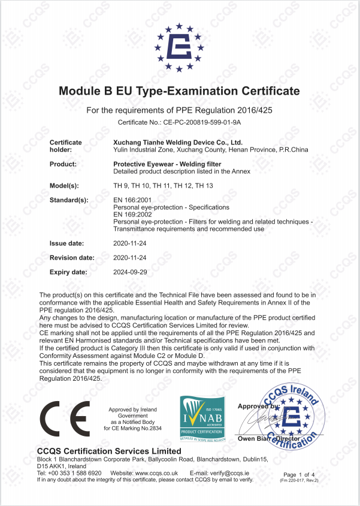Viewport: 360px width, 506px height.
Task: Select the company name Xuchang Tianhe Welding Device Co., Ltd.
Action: pos(177,143)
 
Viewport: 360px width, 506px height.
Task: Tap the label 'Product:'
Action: pos(63,164)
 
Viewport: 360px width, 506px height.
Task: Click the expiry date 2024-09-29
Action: pos(130,272)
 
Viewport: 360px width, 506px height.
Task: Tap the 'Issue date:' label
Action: pos(66,243)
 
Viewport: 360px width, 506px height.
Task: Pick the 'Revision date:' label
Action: pos(71,257)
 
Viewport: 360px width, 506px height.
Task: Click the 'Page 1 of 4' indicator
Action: pos(298,474)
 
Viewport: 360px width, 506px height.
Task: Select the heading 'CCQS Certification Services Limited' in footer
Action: pos(109,451)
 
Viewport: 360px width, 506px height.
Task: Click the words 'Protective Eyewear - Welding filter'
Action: pos(167,164)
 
